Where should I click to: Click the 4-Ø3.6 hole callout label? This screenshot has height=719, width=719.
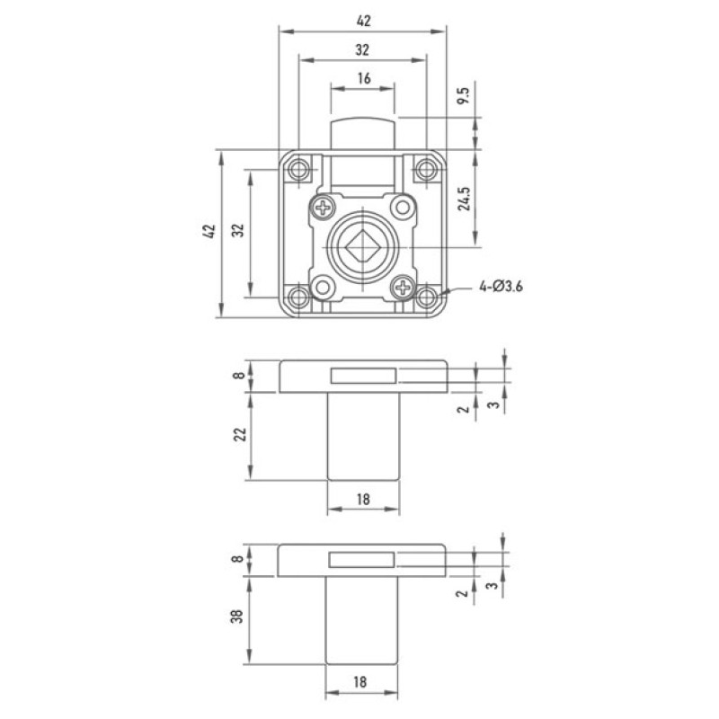tap(501, 287)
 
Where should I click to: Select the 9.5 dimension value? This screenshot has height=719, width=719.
tap(464, 95)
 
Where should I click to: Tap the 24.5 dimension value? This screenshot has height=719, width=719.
tap(465, 199)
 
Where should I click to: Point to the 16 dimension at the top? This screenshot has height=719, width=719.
tap(364, 78)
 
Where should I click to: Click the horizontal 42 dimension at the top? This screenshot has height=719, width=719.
tap(363, 21)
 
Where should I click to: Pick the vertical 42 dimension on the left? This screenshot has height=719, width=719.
tap(209, 231)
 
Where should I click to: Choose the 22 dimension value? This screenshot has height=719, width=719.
tap(240, 434)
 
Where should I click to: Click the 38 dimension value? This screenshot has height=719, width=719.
tap(237, 616)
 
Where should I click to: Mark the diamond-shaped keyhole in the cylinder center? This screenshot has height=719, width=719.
tap(362, 246)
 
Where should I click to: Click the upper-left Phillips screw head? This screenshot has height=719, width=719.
tap(324, 208)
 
